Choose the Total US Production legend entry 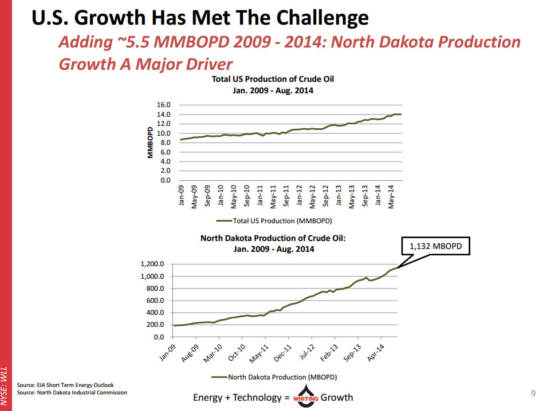coord(275,220)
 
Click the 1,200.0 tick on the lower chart coord(152,264)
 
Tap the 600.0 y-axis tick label coord(155,301)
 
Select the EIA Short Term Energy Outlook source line coord(65,385)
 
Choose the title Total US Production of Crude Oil coord(273,79)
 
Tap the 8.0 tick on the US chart coord(166,143)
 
